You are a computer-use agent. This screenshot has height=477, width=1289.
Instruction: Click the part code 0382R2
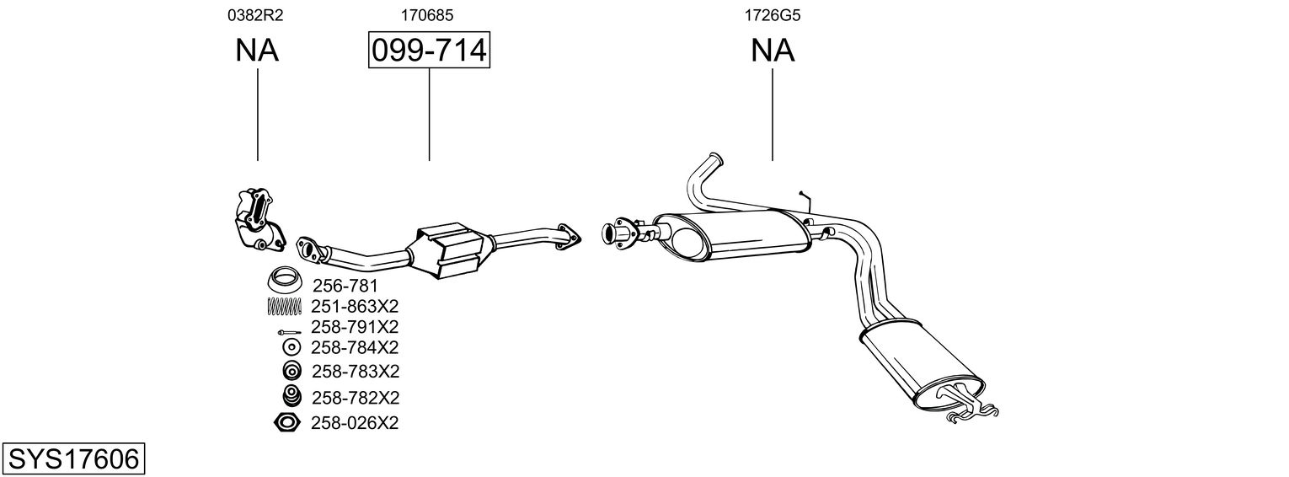(x=257, y=14)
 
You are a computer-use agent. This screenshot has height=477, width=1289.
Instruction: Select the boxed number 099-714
(x=429, y=51)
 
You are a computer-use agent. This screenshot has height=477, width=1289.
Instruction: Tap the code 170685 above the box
(x=429, y=14)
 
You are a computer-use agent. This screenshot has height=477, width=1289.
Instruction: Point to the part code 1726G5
(x=772, y=14)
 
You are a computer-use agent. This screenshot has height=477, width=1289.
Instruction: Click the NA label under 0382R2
(x=257, y=51)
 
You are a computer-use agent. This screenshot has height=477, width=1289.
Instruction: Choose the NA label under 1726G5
(x=773, y=51)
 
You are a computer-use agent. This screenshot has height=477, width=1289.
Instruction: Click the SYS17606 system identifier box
(x=73, y=459)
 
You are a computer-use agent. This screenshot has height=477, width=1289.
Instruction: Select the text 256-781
(x=345, y=286)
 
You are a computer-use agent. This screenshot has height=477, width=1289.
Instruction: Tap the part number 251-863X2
(x=355, y=306)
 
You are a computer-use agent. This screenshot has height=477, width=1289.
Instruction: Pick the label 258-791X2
(x=355, y=326)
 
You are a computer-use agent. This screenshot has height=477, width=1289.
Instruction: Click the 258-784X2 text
(x=355, y=347)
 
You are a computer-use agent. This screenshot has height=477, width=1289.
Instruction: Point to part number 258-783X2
(x=355, y=371)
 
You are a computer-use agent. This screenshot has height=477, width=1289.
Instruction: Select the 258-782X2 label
(x=355, y=397)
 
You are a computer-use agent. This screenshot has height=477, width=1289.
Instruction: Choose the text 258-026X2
(x=355, y=422)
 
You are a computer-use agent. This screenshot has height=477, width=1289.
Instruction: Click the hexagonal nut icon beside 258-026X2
(x=287, y=422)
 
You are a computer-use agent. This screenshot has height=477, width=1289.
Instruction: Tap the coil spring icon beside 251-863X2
(x=285, y=306)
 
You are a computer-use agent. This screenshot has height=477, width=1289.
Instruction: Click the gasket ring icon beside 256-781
(x=285, y=278)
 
